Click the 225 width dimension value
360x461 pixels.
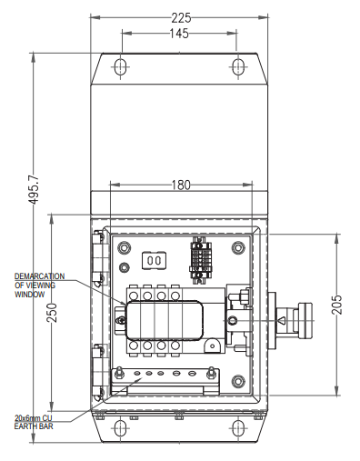point(181,18)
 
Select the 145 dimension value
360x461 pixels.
point(179,34)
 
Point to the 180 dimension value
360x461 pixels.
point(181,185)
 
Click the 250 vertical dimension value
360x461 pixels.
point(53,313)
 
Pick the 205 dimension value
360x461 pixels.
point(337,305)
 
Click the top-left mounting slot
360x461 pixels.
point(120,66)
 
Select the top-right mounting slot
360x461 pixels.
point(238,66)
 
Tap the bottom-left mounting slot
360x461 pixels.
point(120,428)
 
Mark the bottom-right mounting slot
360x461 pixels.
point(238,428)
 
